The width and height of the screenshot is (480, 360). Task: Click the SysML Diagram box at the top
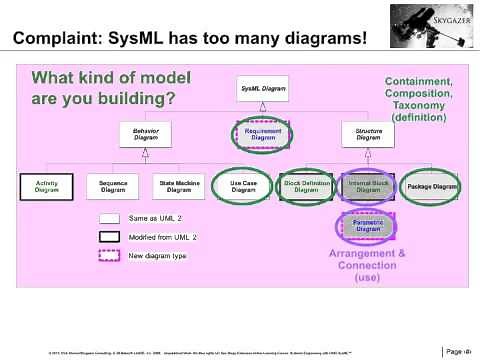pyautogui.click(x=262, y=91)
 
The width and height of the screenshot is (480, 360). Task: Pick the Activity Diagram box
pyautogui.click(x=46, y=187)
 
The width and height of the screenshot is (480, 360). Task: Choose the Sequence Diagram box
pyautogui.click(x=112, y=187)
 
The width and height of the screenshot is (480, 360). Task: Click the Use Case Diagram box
pyautogui.click(x=243, y=187)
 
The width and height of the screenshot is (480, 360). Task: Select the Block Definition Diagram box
pyautogui.click(x=306, y=187)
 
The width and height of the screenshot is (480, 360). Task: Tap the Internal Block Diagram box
pyautogui.click(x=369, y=187)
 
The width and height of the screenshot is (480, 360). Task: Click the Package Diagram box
pyautogui.click(x=432, y=187)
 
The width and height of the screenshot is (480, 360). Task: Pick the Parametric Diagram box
pyautogui.click(x=369, y=228)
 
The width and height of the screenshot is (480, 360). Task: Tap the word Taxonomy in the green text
pyautogui.click(x=419, y=105)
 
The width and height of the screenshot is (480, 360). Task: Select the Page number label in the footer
pyautogui.click(x=456, y=350)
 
